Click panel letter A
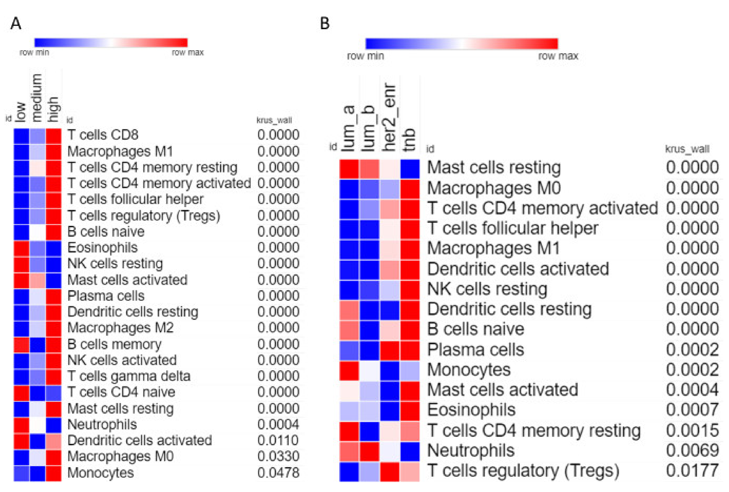click(x=16, y=23)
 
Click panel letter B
click(x=325, y=23)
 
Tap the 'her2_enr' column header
click(x=390, y=117)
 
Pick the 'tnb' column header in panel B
click(x=409, y=139)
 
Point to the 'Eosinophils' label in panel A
click(x=102, y=248)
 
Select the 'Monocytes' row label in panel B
click(x=469, y=370)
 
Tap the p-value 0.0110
click(x=278, y=440)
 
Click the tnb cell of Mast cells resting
click(x=410, y=169)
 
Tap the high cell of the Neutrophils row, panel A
click(x=54, y=425)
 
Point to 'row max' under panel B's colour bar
click(x=558, y=56)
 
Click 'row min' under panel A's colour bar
click(x=34, y=52)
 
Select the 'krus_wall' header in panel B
click(x=687, y=149)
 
